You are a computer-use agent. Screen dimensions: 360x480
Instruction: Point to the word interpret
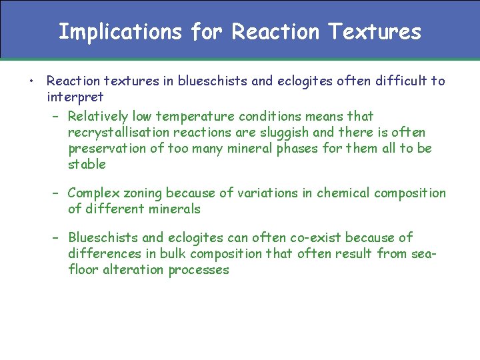[75, 97]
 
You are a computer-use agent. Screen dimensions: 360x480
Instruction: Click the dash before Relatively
[56, 117]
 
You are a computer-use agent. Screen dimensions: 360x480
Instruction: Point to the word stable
[87, 165]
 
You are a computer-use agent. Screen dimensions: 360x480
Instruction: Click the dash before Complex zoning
[56, 193]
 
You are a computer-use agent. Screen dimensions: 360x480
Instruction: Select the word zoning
[142, 193]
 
